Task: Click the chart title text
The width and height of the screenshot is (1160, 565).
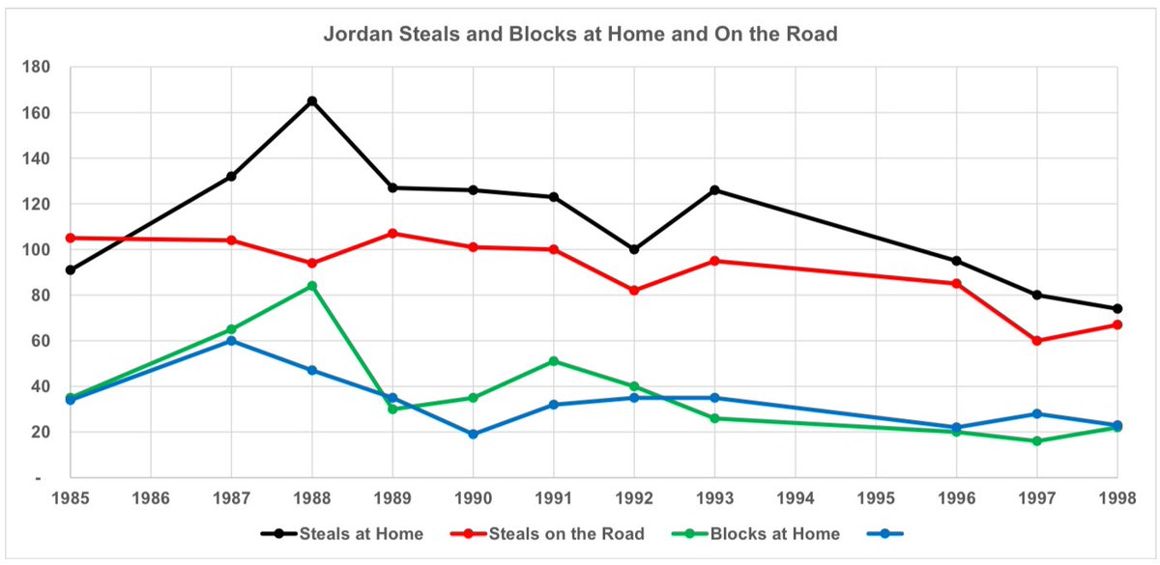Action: click(579, 36)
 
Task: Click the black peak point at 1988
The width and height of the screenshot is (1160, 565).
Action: click(312, 100)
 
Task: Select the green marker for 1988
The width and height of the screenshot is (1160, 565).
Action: click(312, 286)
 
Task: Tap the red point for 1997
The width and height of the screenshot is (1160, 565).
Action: click(1037, 341)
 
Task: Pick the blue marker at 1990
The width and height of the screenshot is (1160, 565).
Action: click(474, 435)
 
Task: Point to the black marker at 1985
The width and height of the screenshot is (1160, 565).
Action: click(71, 270)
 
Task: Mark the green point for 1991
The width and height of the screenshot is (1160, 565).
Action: click(554, 361)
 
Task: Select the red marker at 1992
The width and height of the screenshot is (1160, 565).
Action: click(634, 291)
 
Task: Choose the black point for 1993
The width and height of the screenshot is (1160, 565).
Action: click(715, 190)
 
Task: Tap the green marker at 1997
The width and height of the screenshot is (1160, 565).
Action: click(1037, 441)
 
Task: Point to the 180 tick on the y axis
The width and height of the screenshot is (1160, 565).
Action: click(40, 68)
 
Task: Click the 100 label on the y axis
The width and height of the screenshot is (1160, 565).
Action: click(40, 250)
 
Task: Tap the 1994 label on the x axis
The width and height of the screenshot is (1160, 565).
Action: click(796, 500)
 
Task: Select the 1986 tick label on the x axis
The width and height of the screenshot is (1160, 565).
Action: click(151, 500)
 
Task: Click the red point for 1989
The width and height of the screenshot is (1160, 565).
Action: click(392, 234)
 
